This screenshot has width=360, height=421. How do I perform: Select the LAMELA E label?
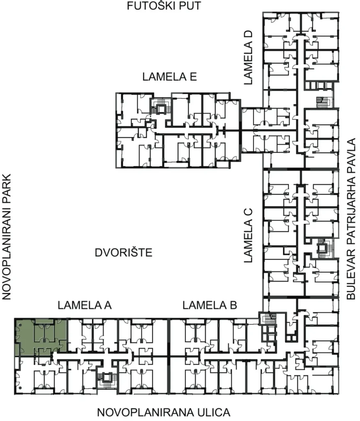tap(169, 77)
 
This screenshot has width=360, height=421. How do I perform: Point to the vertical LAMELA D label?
tap(248, 58)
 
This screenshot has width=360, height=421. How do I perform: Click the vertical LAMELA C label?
tap(248, 235)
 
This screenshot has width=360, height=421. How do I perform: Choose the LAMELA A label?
tap(85, 305)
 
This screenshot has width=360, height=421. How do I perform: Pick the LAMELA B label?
tap(210, 305)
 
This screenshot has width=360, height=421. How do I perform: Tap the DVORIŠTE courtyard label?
tap(123, 253)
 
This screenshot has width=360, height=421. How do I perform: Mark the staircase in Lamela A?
tap(106, 380)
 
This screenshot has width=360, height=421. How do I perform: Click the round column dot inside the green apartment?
tap(20, 325)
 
